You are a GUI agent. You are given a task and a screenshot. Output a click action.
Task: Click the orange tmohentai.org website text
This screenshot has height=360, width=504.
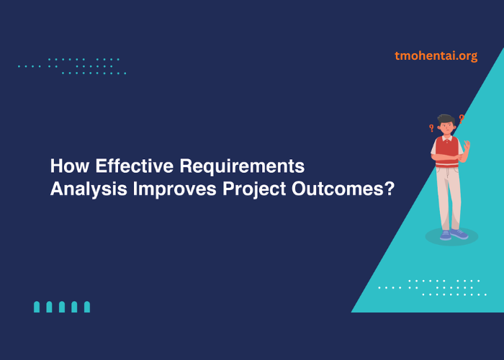(436, 55)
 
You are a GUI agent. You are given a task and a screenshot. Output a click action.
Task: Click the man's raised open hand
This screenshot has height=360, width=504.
(467, 146)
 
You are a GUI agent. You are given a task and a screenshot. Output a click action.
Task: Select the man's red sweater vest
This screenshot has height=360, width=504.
(446, 148)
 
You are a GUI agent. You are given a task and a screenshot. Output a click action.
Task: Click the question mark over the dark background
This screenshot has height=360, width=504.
(431, 128)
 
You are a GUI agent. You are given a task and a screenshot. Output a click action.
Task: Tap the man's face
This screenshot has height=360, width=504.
(446, 127)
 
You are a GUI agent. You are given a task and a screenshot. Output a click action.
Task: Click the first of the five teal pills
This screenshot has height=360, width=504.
(37, 307)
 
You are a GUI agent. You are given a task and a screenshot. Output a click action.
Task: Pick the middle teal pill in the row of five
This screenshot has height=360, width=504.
(62, 307)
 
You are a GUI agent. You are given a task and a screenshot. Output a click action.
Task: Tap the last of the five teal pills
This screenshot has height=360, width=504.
(87, 307)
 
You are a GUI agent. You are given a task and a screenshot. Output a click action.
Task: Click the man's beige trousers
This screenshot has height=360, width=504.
(449, 194)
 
